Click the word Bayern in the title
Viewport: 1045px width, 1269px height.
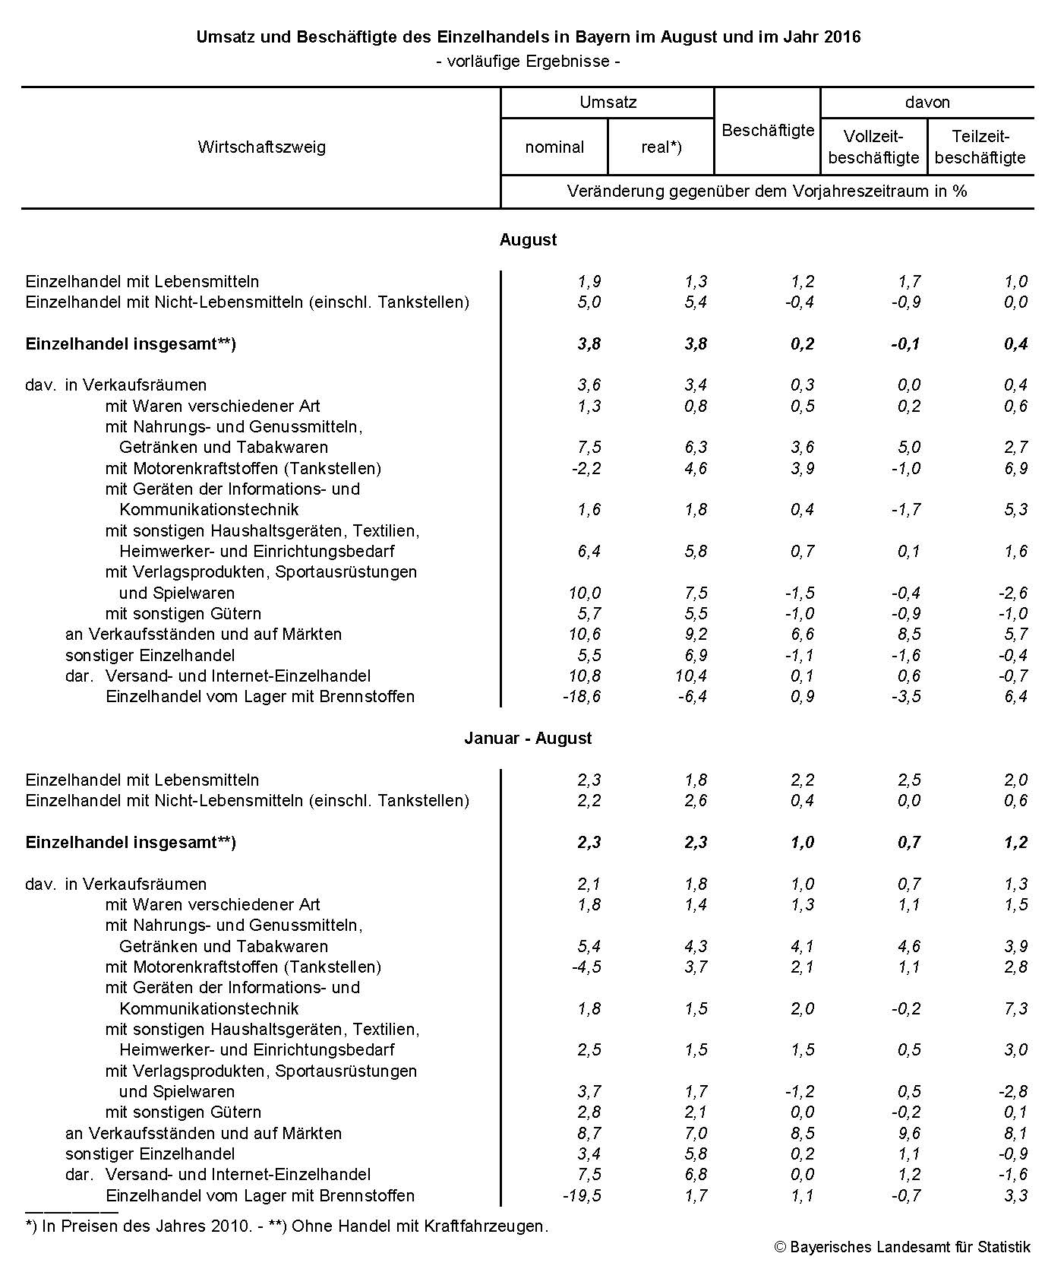616,36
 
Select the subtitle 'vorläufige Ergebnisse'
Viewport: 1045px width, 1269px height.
529,62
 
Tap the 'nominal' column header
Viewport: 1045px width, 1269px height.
554,147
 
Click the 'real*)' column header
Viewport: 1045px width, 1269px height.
661,147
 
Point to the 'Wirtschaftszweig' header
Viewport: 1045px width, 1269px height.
261,147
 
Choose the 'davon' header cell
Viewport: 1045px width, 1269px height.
927,103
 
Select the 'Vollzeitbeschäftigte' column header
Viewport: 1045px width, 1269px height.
873,147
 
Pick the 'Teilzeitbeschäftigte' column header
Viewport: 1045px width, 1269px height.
980,147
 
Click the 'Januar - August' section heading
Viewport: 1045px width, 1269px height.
528,739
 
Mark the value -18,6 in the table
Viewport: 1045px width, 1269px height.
581,697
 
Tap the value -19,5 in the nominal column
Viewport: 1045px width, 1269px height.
581,1195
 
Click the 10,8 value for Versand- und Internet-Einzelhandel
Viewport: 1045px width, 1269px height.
584,676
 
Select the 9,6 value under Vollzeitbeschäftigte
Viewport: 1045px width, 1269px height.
908,1133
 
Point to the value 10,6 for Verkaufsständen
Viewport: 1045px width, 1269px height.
584,634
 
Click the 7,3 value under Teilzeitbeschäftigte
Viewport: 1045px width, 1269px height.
1015,1008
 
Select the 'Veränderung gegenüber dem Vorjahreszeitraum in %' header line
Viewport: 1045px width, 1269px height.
767,191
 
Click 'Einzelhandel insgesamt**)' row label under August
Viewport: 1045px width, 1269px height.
131,343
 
